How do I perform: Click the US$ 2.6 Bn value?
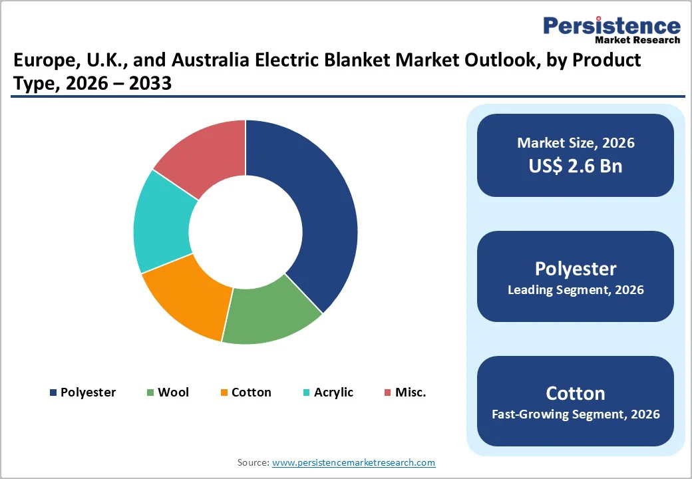576,166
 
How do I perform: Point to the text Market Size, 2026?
576,143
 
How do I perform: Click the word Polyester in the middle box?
576,269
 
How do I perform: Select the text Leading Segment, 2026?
576,290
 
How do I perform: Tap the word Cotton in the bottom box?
576,393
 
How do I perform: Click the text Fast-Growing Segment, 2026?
576,414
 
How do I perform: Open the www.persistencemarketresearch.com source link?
354,462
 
